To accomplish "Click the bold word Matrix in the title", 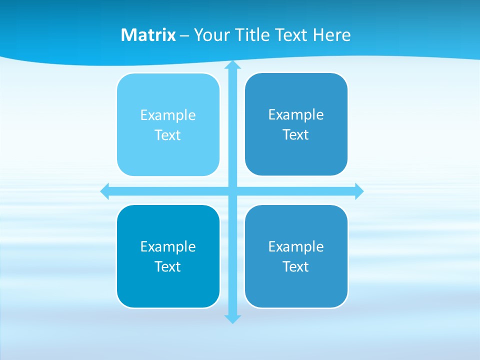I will [x=148, y=35].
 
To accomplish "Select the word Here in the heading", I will [x=331, y=35].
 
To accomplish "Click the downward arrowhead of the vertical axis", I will [x=232, y=318].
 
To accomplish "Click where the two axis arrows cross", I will [x=232, y=191].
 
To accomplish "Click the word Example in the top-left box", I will [x=168, y=115].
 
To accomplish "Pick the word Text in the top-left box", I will [x=168, y=135].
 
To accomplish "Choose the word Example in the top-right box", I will [x=296, y=114].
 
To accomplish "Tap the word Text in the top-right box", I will [x=296, y=134].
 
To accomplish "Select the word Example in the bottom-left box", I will [x=168, y=246].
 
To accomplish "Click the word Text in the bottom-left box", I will [x=168, y=266].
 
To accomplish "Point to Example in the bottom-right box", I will [x=296, y=246].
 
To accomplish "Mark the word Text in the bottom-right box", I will [x=296, y=266].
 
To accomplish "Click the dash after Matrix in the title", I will [x=184, y=35].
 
